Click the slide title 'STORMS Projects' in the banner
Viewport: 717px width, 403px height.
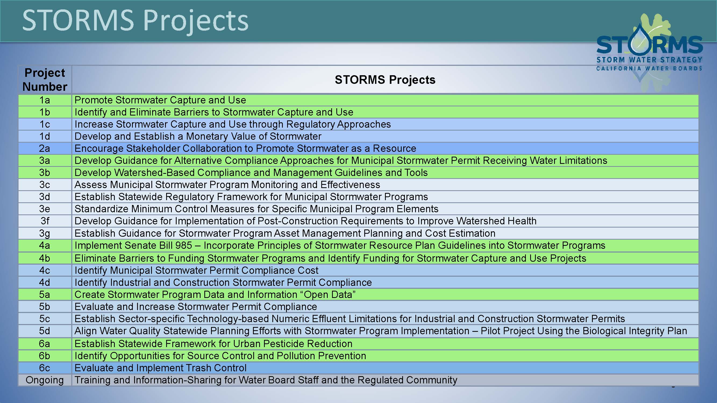(x=135, y=21)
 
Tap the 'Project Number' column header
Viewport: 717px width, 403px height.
(x=45, y=80)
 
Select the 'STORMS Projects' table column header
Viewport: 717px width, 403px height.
(x=385, y=80)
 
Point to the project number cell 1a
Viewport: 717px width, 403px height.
(x=45, y=100)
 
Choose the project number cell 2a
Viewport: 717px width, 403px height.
(x=45, y=149)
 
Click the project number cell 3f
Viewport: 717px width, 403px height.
(x=45, y=221)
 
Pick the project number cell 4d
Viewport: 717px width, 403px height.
(x=45, y=283)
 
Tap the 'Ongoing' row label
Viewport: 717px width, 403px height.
(x=45, y=380)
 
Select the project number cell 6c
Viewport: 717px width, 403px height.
(x=45, y=368)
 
